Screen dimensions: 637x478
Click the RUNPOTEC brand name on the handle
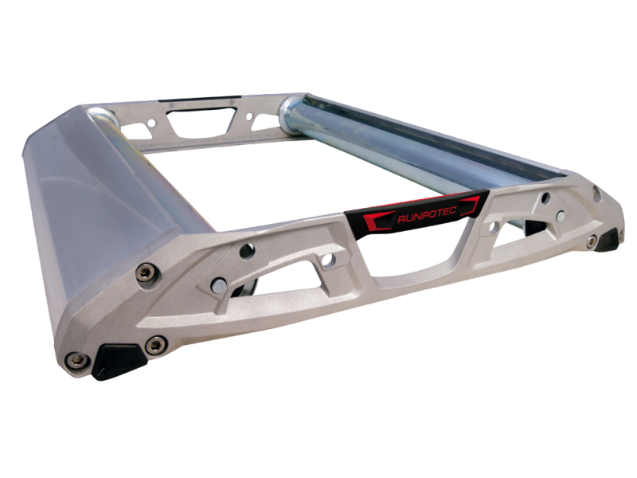point(427,214)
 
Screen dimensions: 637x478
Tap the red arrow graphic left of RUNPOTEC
point(377,221)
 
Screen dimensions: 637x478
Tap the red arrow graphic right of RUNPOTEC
point(471,205)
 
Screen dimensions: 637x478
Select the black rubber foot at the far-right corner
point(609,240)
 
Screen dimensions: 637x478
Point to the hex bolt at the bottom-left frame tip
point(77,360)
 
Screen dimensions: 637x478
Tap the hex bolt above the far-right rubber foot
point(592,241)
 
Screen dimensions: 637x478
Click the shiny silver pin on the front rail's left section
point(219,285)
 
